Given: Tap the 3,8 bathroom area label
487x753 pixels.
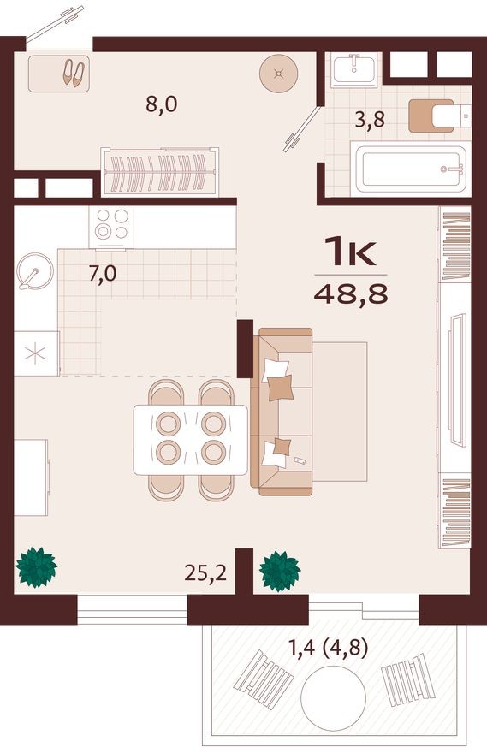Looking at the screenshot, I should (x=370, y=120).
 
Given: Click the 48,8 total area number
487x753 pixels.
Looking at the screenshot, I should (x=351, y=293).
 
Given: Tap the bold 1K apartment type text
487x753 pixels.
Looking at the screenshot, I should (x=351, y=252).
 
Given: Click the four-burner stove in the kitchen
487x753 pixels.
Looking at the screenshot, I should (x=112, y=225).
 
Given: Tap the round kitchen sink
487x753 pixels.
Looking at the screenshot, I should (x=35, y=271).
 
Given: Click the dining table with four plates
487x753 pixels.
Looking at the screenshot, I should (x=190, y=439).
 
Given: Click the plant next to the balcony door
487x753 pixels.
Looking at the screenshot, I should (x=279, y=569).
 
